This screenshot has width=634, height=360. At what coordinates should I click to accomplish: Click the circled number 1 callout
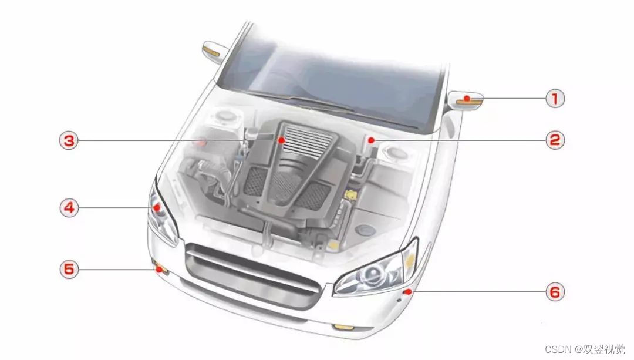pos(555,98)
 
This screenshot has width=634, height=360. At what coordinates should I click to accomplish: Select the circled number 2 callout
pos(555,140)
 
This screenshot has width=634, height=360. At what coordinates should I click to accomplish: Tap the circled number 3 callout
pos(69,141)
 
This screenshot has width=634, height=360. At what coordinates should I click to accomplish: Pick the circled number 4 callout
pos(69,207)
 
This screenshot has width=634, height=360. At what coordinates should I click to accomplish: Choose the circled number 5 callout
pos(69,269)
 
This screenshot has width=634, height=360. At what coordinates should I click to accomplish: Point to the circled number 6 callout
pos(555,292)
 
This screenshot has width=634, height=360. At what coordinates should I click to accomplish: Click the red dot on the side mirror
pos(467,98)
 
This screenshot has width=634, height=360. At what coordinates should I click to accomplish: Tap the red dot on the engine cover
pos(281,140)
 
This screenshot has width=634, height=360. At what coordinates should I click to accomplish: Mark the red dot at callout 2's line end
pos(371,140)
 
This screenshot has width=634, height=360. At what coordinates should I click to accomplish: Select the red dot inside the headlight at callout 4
pos(157,207)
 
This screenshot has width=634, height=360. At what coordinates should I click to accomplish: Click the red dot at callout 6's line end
pos(409,292)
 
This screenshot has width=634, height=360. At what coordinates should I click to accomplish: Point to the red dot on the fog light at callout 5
pos(158,269)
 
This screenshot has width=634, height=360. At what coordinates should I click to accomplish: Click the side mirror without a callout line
pos(214,52)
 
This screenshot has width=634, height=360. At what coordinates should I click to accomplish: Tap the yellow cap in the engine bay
pos(350,194)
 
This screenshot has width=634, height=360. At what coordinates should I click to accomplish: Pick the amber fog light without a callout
pos(343,327)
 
